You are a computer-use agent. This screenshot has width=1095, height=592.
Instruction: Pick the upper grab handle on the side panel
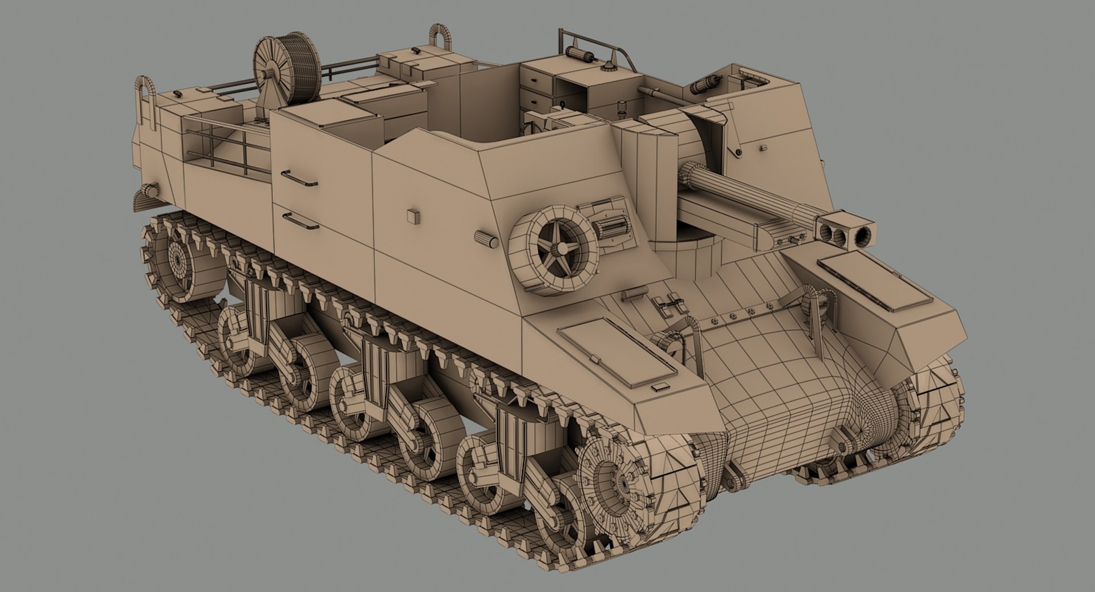click(299, 178)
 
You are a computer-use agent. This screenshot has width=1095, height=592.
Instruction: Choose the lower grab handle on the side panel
click(301, 221)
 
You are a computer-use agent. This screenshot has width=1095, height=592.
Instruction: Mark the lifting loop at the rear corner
click(146, 103)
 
